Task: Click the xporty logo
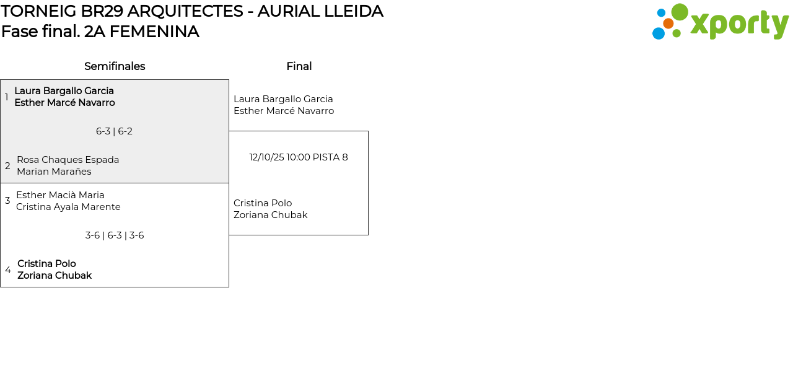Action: click(720, 22)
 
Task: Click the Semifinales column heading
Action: click(115, 66)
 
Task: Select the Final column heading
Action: click(299, 66)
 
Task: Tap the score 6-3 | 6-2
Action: click(114, 131)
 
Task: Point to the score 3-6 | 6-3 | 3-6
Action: click(115, 235)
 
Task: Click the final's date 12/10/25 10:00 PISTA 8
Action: click(299, 157)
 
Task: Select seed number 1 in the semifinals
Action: click(7, 97)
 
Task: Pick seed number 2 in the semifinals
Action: click(7, 166)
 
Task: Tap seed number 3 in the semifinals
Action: click(7, 201)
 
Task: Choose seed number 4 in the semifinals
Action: click(8, 270)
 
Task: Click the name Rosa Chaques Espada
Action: click(68, 160)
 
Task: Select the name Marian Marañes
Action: click(54, 172)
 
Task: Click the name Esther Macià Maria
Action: click(60, 195)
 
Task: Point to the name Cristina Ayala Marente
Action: click(68, 207)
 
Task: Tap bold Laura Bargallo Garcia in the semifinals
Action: click(64, 91)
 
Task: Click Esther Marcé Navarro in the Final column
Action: click(284, 111)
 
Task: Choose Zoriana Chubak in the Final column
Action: click(270, 215)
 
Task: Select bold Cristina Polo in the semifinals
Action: click(46, 264)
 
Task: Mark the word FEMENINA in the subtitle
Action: click(154, 32)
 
